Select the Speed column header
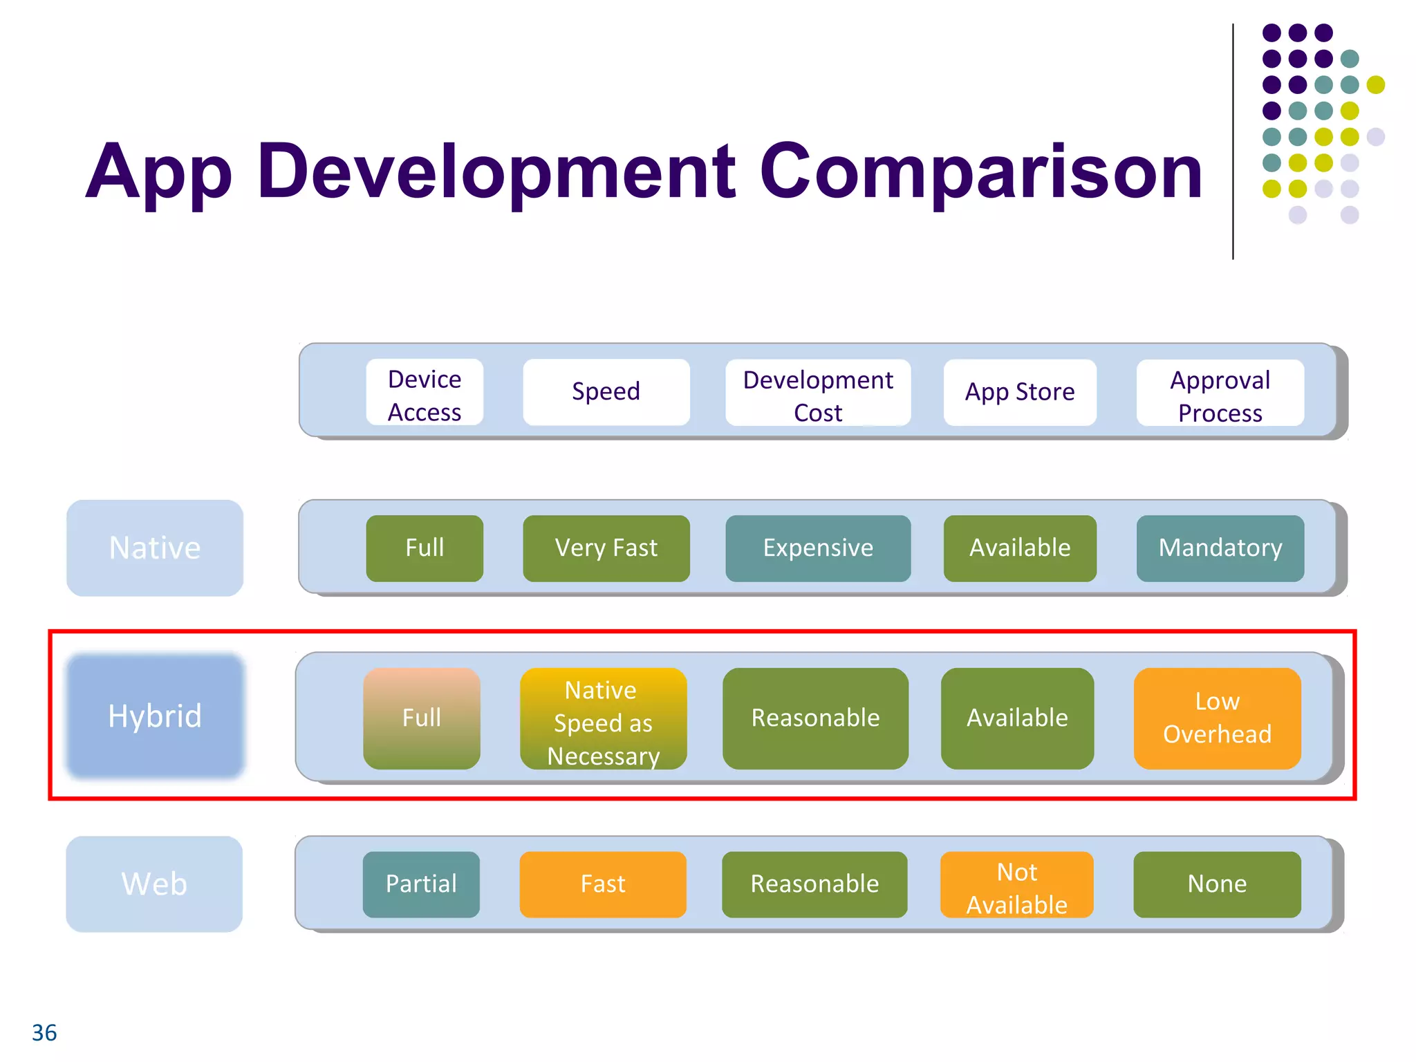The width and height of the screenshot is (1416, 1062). point(606,392)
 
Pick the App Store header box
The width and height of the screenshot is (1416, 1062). point(1019,392)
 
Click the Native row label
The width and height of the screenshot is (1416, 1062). point(155,548)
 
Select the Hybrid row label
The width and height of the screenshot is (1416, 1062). point(155,716)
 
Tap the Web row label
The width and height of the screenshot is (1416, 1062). point(154,884)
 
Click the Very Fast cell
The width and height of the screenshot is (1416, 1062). point(606,548)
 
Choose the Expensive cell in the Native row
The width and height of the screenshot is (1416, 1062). point(817,548)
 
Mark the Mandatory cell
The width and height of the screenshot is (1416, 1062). point(1220,548)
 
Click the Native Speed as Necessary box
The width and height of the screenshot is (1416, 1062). point(603,719)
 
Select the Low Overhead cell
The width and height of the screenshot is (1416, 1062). point(1217,718)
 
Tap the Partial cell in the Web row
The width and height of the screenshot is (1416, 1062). point(421,884)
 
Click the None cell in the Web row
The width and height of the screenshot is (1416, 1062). point(1217,884)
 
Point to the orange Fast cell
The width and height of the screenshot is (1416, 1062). point(603,884)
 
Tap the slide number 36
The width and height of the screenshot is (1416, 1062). point(44,1033)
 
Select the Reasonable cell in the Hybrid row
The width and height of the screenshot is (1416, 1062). point(815,718)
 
